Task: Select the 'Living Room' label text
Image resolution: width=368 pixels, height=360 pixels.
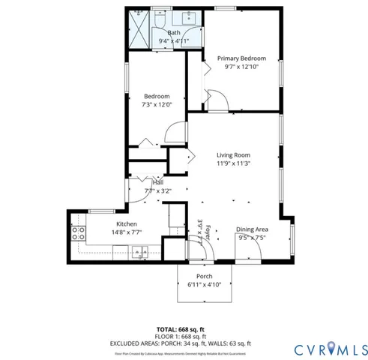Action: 232,155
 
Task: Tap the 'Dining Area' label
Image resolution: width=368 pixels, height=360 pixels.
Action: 252,229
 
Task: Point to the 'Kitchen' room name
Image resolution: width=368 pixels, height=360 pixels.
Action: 125,224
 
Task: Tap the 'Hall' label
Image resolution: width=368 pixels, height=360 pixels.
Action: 158,182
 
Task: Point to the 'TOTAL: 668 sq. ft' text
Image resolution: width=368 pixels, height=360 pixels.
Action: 181,329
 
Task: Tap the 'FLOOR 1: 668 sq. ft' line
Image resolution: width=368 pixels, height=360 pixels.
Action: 181,336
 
